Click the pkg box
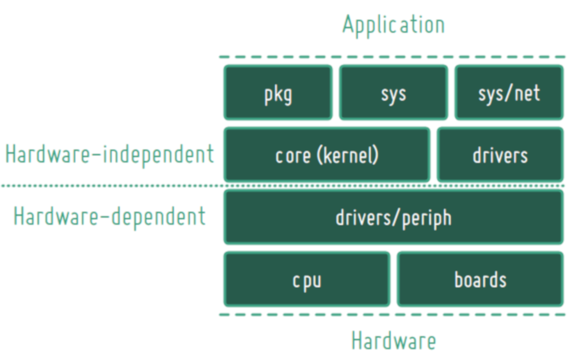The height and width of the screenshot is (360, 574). (278, 92)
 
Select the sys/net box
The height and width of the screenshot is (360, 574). (509, 92)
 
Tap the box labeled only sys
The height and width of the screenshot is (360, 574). (394, 92)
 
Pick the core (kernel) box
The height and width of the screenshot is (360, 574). (327, 155)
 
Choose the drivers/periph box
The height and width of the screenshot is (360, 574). (394, 217)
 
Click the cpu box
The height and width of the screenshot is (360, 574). (307, 280)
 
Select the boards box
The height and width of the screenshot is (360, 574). (480, 280)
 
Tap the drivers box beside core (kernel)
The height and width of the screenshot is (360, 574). (501, 155)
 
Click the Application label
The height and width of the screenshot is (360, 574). (394, 25)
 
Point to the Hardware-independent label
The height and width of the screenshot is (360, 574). (110, 154)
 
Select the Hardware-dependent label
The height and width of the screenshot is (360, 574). (110, 217)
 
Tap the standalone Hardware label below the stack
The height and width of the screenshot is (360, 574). (394, 340)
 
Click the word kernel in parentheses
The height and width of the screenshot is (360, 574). (348, 156)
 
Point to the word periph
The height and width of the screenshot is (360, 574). (427, 219)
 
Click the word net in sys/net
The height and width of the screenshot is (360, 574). (527, 93)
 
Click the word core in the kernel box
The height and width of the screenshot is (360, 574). (293, 156)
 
